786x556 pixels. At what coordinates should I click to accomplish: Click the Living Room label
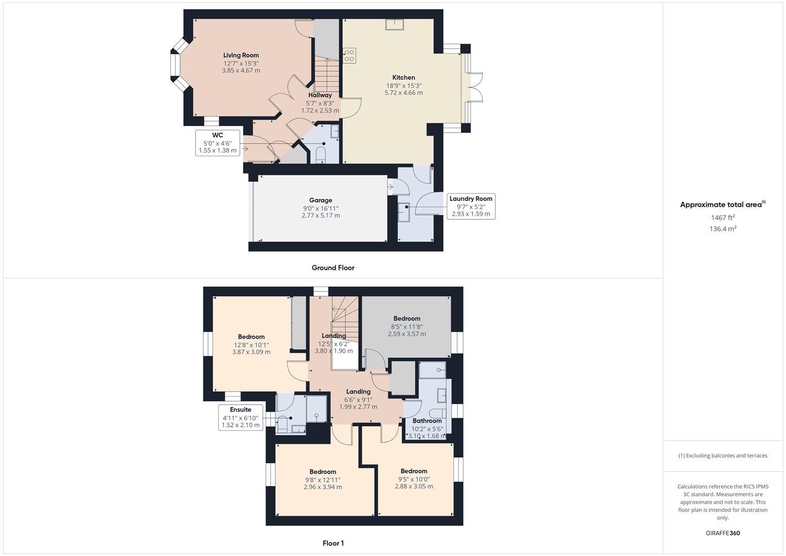point(241,55)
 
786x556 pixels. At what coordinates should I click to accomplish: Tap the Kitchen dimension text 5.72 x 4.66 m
point(404,93)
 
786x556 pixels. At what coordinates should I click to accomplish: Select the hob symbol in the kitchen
point(350,55)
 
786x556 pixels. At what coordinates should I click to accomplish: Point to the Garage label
point(321,200)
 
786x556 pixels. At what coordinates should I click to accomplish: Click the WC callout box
point(217,143)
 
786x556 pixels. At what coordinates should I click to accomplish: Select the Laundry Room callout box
point(470,206)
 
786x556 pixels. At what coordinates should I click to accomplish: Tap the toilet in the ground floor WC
point(321,154)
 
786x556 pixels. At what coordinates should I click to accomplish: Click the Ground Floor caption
point(333,268)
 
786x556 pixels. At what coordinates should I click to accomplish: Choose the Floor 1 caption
point(333,543)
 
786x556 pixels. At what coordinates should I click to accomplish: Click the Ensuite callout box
point(240,418)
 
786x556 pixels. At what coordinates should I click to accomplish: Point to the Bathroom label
point(427,421)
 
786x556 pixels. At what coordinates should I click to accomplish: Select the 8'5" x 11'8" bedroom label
point(407,319)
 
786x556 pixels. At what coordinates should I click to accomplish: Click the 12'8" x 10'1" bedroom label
point(251,337)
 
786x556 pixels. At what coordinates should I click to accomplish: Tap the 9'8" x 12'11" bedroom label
point(323,472)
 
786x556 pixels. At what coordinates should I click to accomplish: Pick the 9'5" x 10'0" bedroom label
point(414,471)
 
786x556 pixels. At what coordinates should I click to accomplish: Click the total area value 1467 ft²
point(723,218)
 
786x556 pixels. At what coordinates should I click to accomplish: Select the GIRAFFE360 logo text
point(723,533)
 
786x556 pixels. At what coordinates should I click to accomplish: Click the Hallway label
point(320,95)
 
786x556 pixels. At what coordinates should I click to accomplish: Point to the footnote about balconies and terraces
point(723,456)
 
